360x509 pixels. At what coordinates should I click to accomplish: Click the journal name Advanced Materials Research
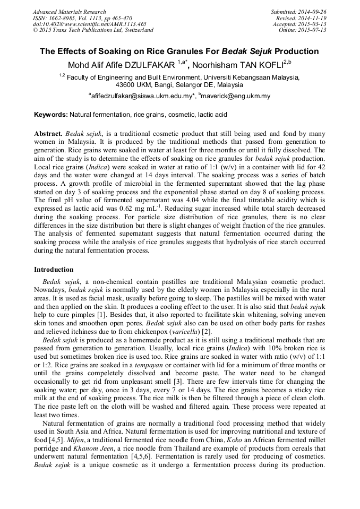point(69,12)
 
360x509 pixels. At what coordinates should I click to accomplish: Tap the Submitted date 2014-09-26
point(313,12)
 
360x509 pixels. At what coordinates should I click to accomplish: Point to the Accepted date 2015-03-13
point(313,24)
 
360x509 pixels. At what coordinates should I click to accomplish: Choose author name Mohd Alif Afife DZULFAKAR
point(122,65)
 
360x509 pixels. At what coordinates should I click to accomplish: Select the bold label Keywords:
point(50,114)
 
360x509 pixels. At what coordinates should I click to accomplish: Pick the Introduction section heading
point(54,270)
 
